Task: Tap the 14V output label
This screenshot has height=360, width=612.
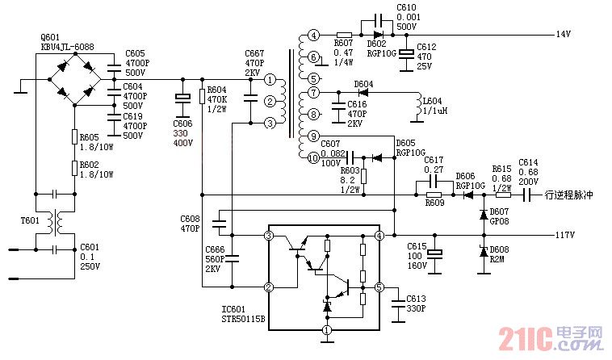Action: tap(563, 35)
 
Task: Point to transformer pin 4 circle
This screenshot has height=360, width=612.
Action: tap(313, 36)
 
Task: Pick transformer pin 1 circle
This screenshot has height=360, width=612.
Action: tap(270, 81)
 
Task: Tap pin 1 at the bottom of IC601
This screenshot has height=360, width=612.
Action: tap(327, 329)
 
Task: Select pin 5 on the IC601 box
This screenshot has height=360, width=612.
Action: tap(379, 287)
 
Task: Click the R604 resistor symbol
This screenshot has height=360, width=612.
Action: tap(202, 97)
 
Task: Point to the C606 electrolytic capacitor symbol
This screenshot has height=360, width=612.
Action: tap(183, 98)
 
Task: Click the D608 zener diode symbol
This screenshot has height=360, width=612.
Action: tap(483, 252)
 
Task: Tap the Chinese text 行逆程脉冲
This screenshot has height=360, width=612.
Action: tap(570, 195)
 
